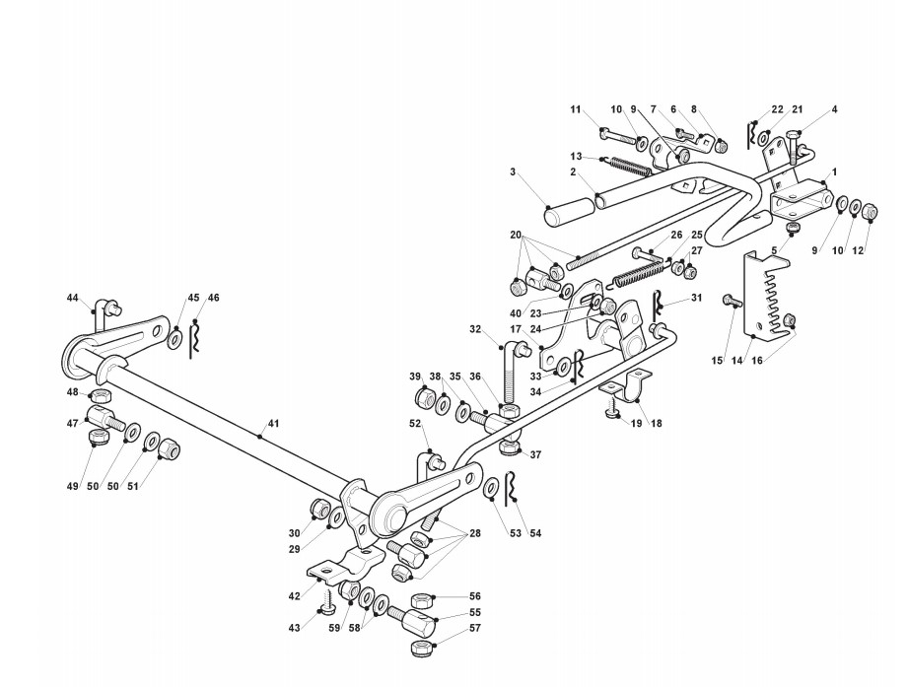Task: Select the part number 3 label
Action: [514, 172]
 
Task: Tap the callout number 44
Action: [73, 298]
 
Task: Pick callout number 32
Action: [475, 329]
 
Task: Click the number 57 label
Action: [475, 627]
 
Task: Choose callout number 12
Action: [859, 250]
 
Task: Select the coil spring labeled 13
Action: [630, 165]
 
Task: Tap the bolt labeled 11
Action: [620, 137]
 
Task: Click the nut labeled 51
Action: [169, 449]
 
